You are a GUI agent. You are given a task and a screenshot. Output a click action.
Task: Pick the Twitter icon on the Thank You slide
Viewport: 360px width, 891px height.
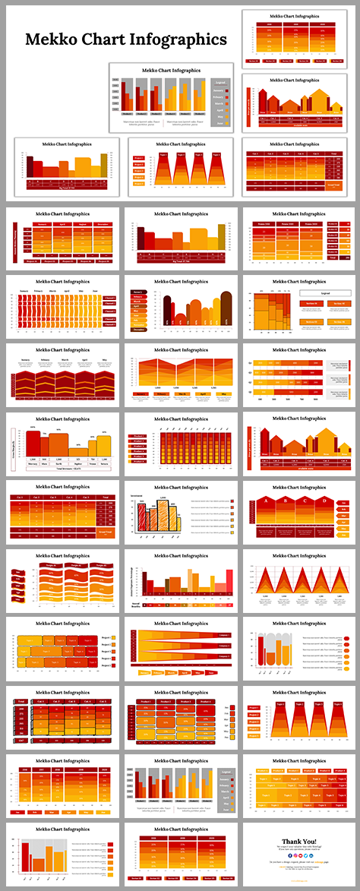(x=307, y=856)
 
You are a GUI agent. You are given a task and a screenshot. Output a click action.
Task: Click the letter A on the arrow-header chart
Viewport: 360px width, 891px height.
(x=266, y=501)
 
